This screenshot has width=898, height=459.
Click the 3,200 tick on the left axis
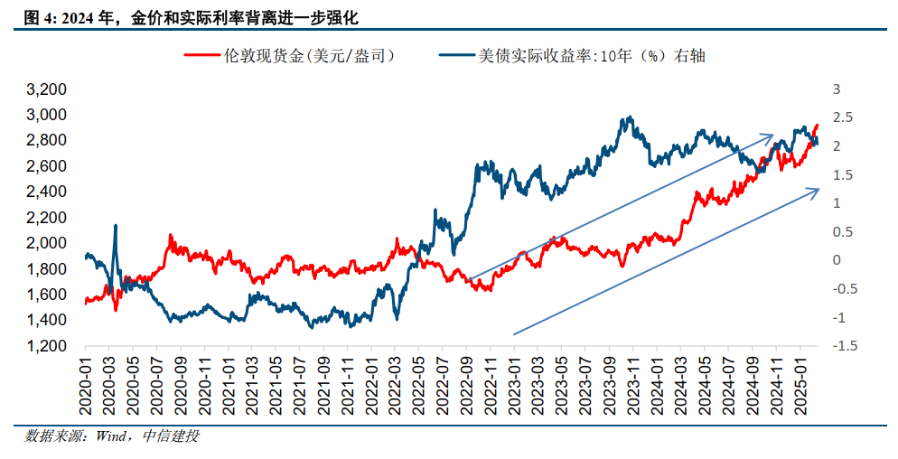pos(46,89)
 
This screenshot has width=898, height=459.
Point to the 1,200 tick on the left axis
pos(46,345)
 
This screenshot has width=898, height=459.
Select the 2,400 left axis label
pos(46,192)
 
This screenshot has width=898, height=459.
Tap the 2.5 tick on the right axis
pos(843,117)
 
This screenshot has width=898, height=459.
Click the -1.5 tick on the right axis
pos(845,345)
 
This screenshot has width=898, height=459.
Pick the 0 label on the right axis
pos(837,260)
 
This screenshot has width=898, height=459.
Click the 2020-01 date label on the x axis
pos(86,383)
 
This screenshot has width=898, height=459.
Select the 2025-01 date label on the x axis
pos(800,383)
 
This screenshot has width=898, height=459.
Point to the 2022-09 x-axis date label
pos(467,383)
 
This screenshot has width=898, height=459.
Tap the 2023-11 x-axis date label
pos(633,383)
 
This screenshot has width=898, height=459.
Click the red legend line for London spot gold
pos(202,56)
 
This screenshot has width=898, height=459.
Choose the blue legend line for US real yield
pos(458,56)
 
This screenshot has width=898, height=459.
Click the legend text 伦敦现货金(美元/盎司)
pos(310,56)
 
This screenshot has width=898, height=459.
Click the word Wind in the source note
pos(111,436)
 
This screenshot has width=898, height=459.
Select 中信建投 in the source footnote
pos(171,436)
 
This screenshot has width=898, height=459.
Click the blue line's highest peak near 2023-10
pos(630,117)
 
